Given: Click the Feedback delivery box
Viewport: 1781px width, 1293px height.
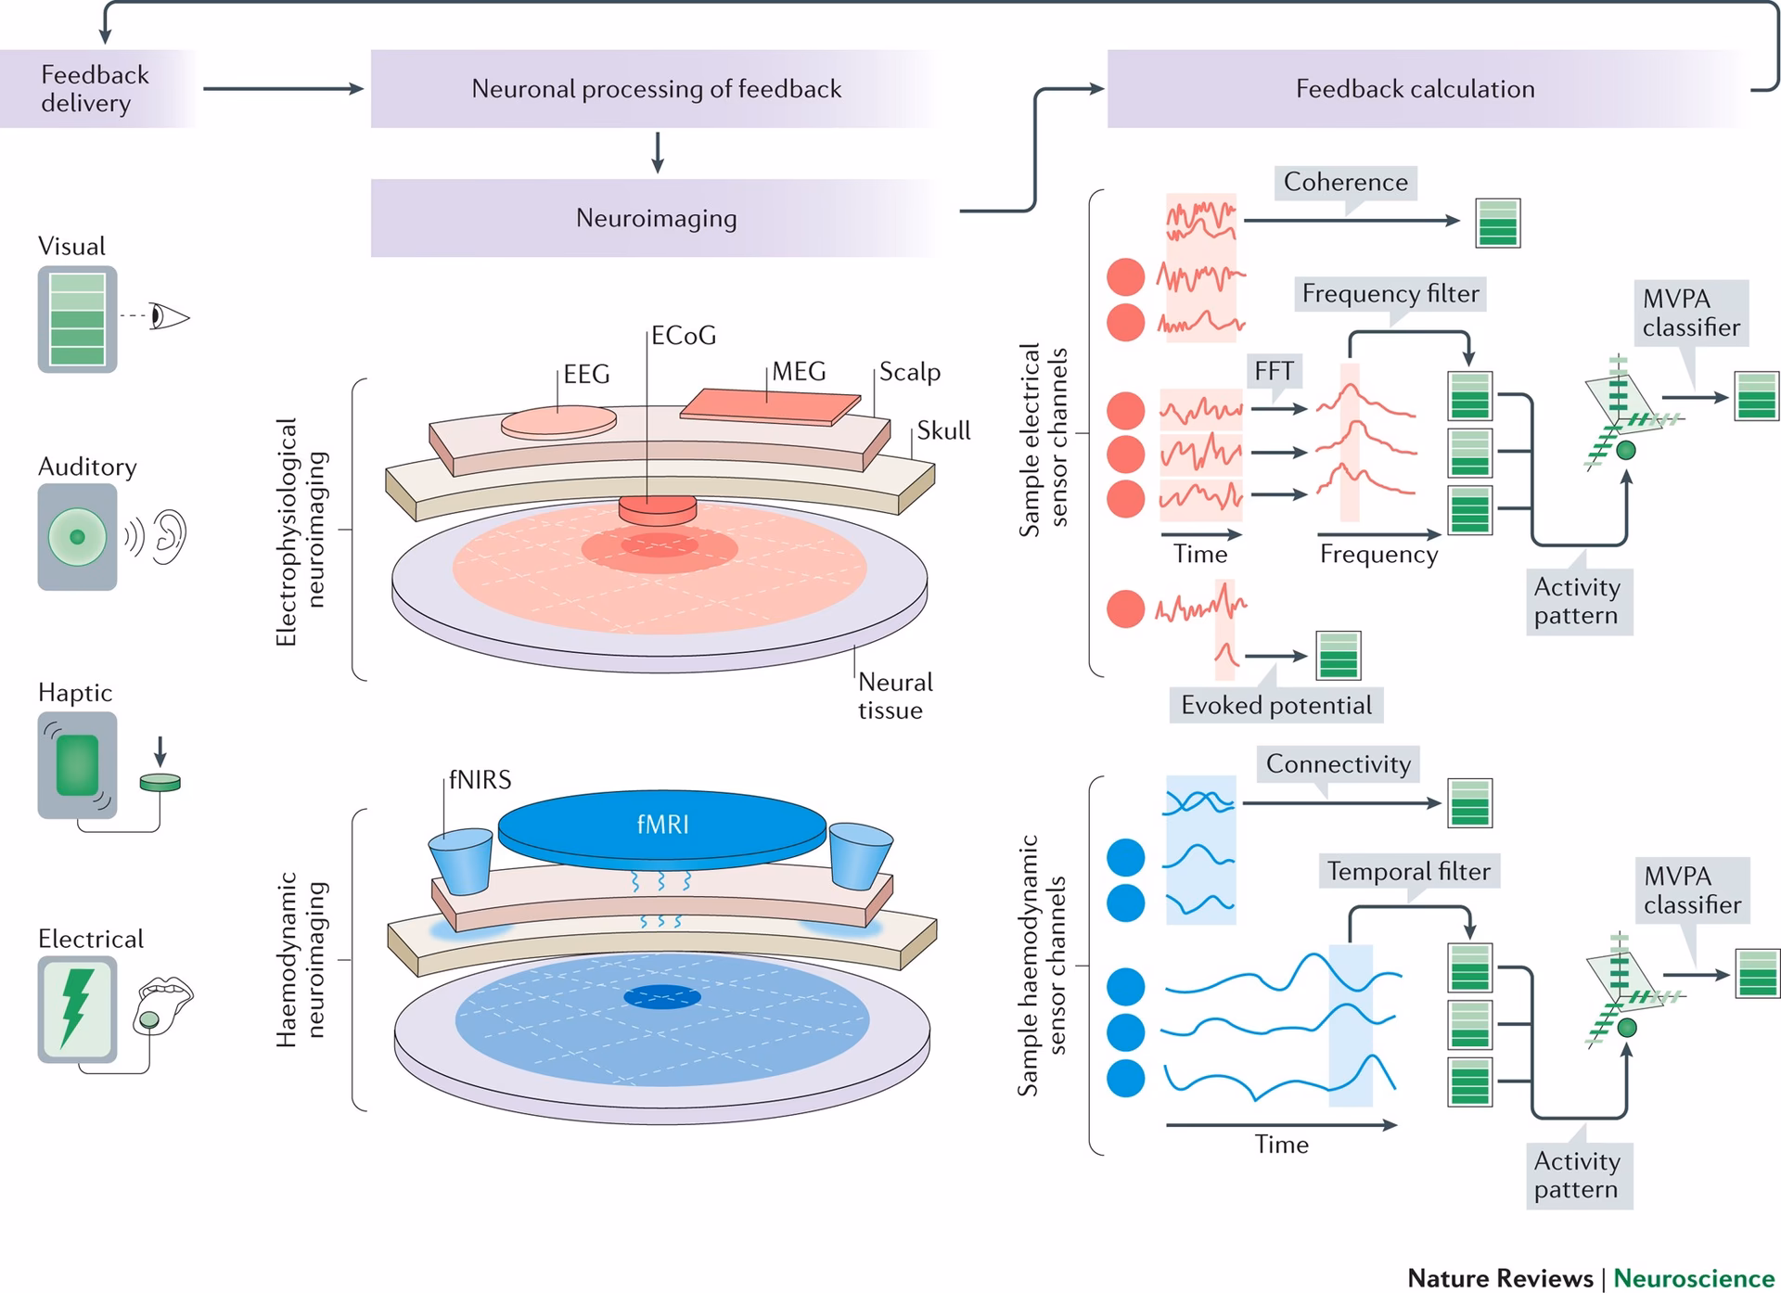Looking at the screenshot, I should click(x=95, y=89).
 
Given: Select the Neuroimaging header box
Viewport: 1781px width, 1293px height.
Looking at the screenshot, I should click(x=656, y=218).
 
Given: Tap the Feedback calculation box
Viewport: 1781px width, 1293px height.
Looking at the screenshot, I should click(x=1415, y=89).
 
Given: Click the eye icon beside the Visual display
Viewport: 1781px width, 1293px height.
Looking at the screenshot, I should click(x=169, y=317).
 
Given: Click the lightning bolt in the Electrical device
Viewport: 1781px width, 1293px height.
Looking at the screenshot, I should click(x=77, y=1008).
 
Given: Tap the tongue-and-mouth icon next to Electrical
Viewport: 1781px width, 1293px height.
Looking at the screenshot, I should click(x=162, y=1004).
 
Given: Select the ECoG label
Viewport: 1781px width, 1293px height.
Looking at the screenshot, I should click(x=684, y=336).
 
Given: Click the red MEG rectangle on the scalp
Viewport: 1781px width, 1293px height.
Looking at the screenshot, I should click(x=769, y=406).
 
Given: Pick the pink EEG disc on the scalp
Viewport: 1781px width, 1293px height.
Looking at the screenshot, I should click(x=558, y=422).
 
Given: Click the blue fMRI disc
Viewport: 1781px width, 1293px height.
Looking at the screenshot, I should click(x=662, y=826).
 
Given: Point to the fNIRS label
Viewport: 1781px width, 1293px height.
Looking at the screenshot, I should click(x=480, y=780).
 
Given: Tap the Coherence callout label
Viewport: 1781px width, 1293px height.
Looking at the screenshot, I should click(x=1345, y=183).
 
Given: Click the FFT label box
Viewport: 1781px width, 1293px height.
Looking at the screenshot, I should click(x=1274, y=371).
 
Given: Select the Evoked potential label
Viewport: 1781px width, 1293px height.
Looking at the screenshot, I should click(x=1275, y=706).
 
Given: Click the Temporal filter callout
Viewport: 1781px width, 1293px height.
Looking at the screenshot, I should click(x=1407, y=872).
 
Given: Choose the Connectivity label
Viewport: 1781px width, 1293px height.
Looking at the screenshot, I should click(x=1338, y=764).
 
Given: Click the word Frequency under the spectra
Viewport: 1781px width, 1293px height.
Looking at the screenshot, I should click(x=1378, y=555).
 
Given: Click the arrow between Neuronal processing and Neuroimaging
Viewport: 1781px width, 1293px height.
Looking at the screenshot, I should click(x=658, y=153).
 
